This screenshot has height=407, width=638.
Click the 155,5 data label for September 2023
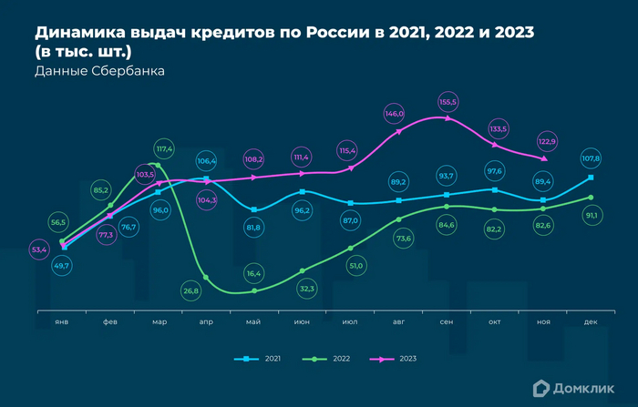448,101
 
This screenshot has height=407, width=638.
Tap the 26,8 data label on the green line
190,291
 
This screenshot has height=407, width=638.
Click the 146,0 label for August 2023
395,114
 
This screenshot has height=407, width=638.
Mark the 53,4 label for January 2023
39,249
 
